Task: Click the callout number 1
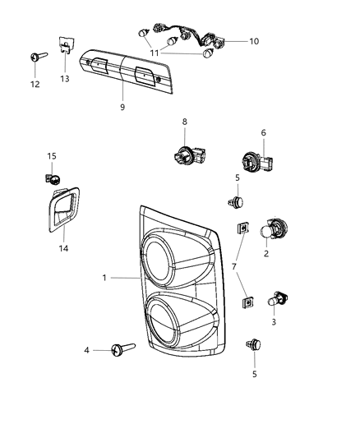coord(104,278)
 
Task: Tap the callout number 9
coord(122,108)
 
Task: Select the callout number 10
coord(253,41)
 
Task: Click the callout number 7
coord(235,267)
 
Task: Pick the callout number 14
coord(63,247)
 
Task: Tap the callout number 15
coord(51,156)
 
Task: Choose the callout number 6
coord(264,132)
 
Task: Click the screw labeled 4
coord(124,352)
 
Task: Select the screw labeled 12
coord(38,55)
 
